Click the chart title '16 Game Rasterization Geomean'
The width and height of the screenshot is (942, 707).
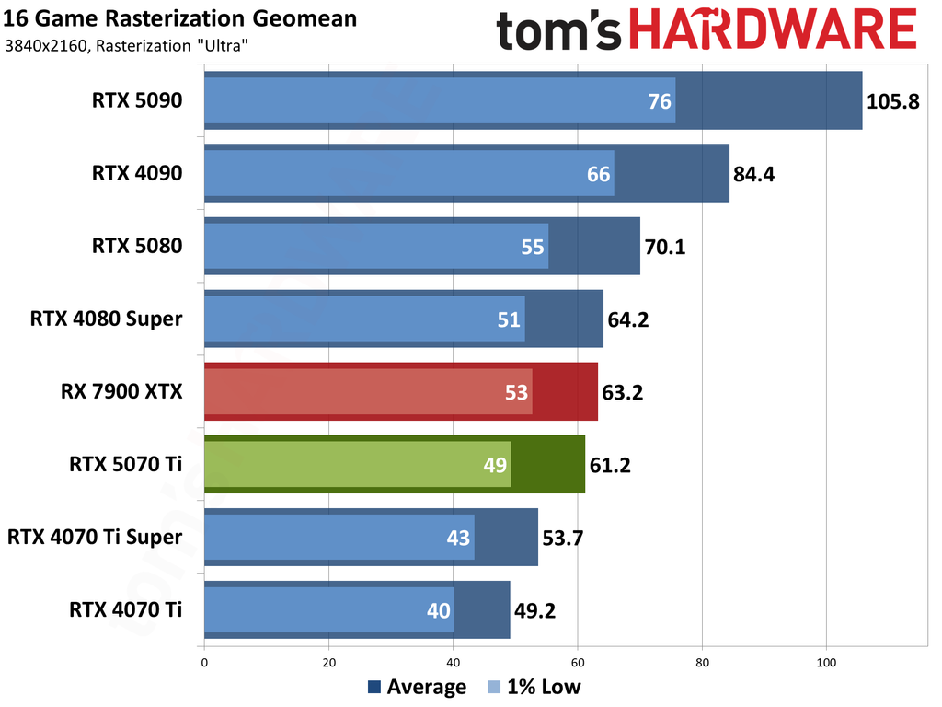coord(181,18)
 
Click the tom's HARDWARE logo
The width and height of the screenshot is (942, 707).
coord(706,31)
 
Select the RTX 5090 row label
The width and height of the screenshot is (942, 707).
coord(137,101)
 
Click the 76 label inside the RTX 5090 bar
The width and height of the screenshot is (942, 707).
coord(660,101)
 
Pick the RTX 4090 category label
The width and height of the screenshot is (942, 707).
coord(137,173)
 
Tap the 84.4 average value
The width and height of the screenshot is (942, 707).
coord(754,173)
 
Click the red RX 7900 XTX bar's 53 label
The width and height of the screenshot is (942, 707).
coord(517,393)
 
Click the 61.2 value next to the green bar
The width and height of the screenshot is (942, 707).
coord(610,465)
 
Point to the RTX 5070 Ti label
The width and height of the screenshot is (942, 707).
coord(125,465)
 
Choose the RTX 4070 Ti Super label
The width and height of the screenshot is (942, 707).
coord(95,537)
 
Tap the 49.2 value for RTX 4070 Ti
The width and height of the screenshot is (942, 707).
coord(534,609)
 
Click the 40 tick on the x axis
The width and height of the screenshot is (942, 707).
coord(453,661)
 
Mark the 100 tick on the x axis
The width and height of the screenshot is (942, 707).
coord(826,661)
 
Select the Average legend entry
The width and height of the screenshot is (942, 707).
coord(417,687)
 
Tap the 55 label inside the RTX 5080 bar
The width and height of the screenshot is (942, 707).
coord(533,247)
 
